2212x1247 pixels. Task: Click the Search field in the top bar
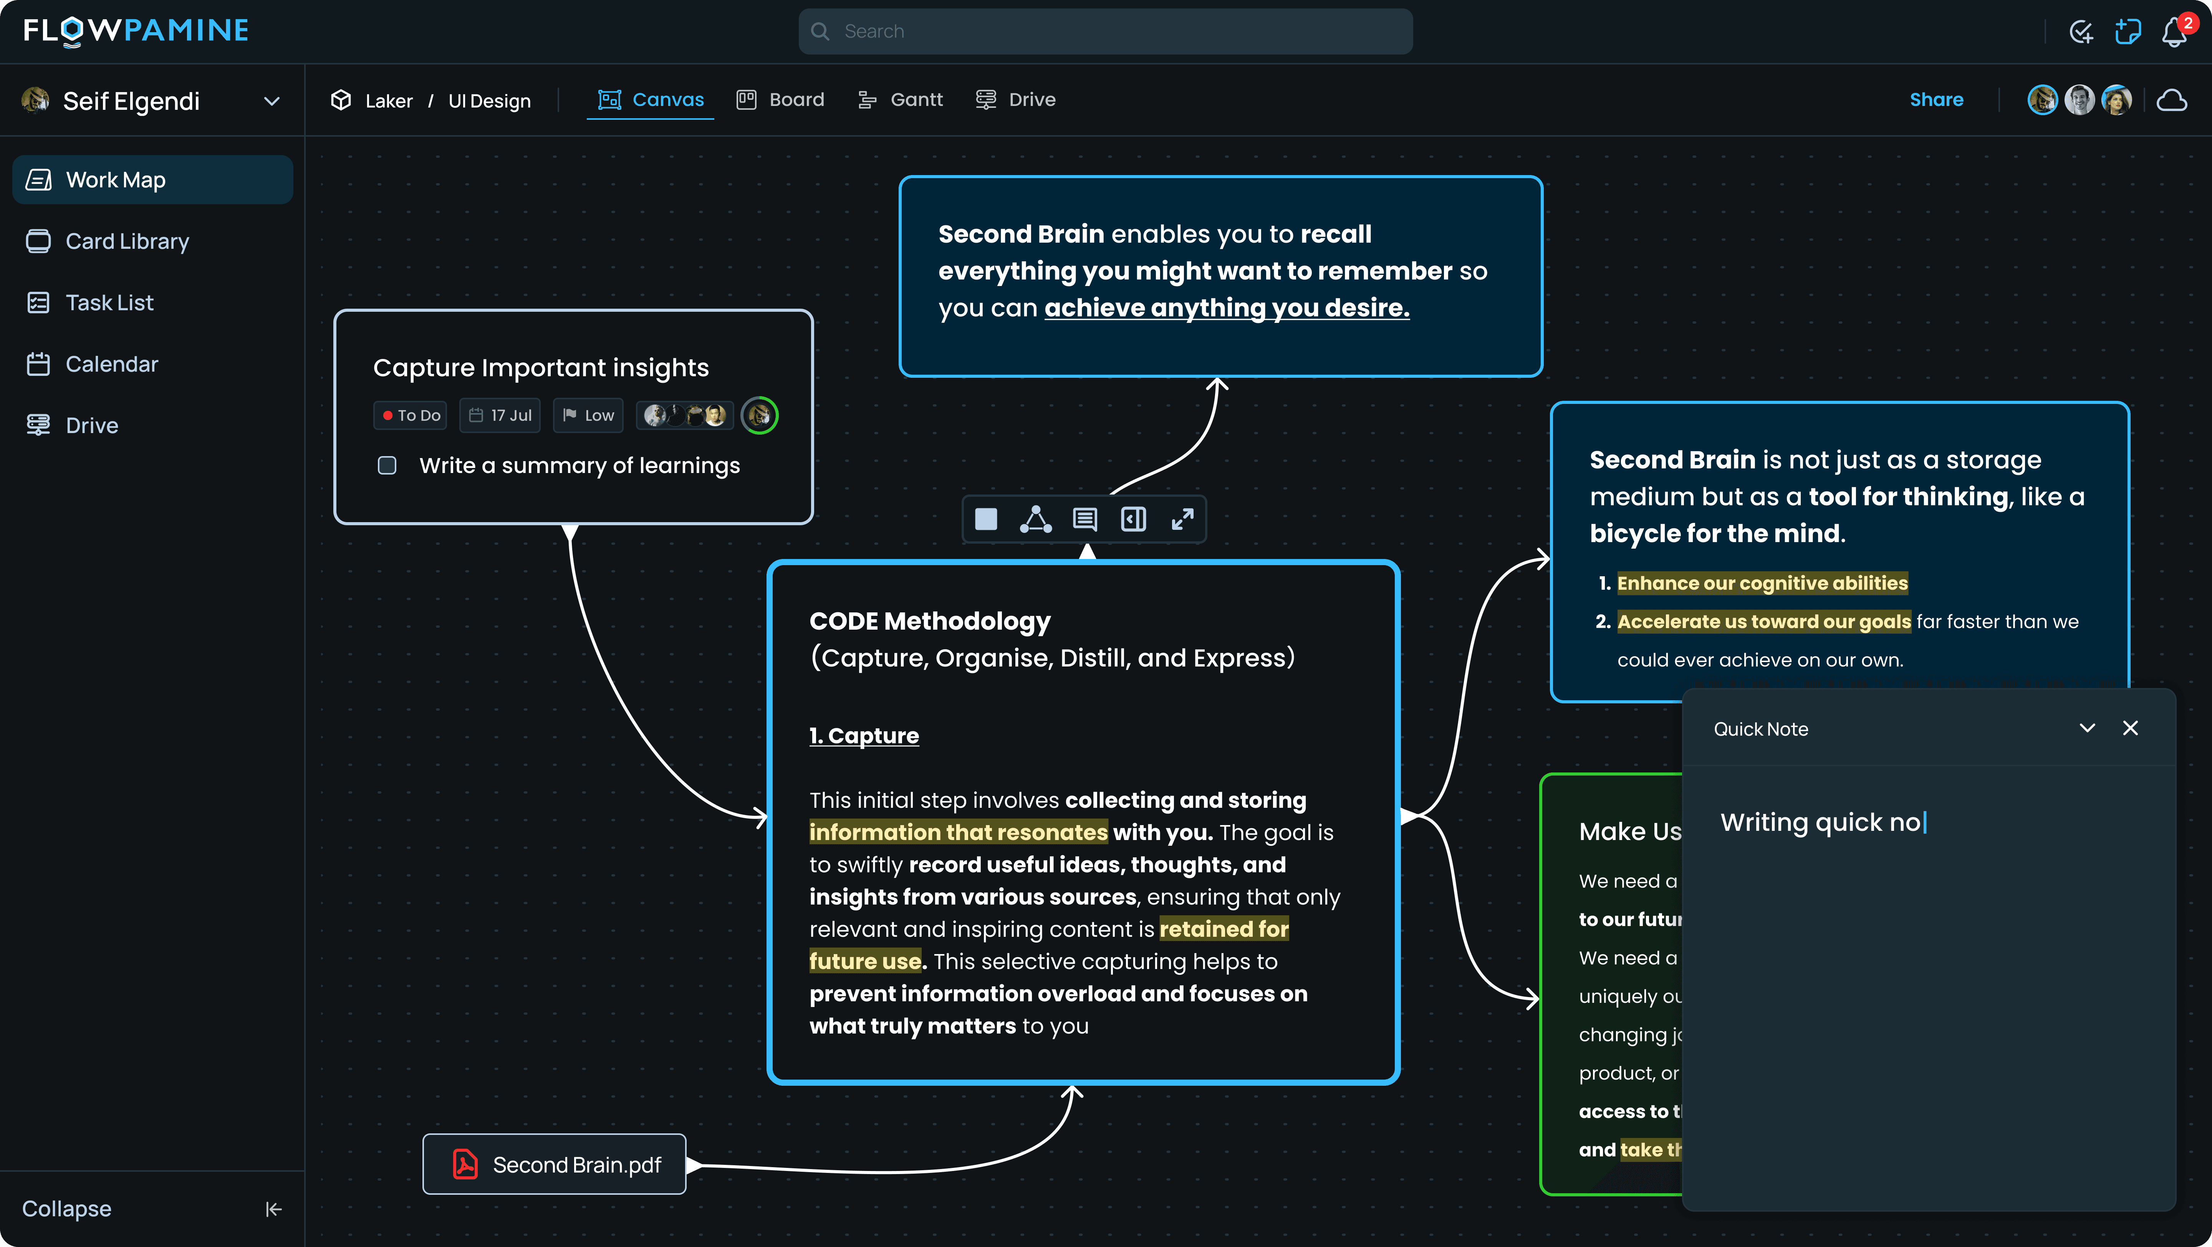coord(1105,32)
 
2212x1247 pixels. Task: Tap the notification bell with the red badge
coord(2173,33)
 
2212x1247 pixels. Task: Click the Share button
coord(1936,99)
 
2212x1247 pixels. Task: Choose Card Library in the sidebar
coord(127,241)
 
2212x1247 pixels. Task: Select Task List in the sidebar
coord(109,303)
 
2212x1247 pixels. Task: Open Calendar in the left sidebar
coord(112,364)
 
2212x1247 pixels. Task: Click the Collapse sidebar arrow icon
coord(273,1209)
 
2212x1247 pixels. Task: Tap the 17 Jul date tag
coord(501,415)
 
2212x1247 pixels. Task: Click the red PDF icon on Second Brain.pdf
coord(465,1164)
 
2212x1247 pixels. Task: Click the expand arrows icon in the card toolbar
coord(1182,519)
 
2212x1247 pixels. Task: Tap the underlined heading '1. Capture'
coord(864,736)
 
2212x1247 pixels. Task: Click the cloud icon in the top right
coord(2172,101)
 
